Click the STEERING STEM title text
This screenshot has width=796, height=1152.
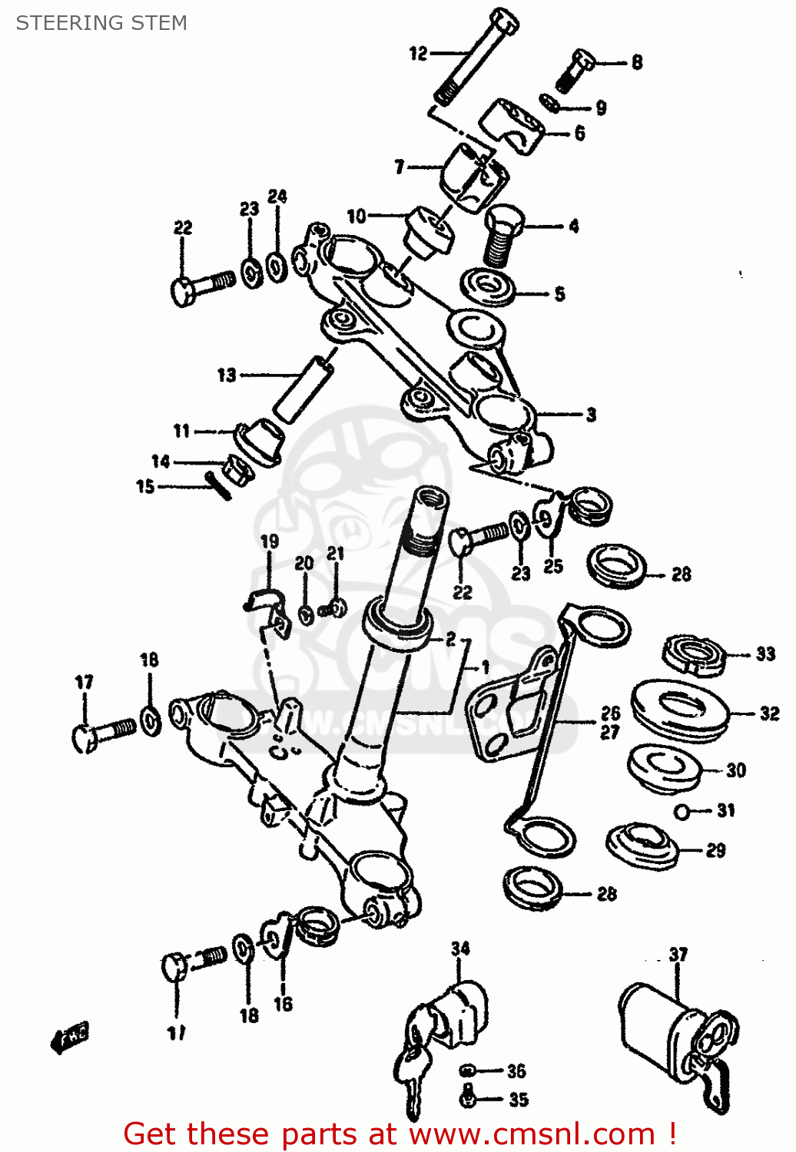click(101, 23)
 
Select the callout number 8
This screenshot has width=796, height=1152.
click(637, 62)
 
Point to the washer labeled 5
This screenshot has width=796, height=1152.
click(489, 287)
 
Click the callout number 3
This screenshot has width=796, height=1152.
click(591, 415)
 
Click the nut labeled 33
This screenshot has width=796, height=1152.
click(694, 655)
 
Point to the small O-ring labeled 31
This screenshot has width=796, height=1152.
click(682, 811)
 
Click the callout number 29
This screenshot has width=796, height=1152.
click(715, 850)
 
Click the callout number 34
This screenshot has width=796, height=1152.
click(460, 948)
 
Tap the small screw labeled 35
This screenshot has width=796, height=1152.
click(467, 1099)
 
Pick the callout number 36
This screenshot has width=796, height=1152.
click(516, 1071)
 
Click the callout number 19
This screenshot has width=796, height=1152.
click(269, 541)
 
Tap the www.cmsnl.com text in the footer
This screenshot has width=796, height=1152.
click(532, 1134)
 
